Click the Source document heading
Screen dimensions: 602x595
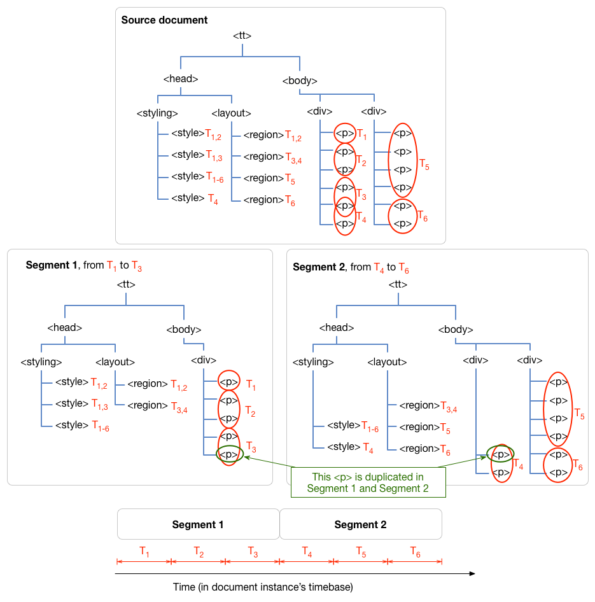[x=164, y=20]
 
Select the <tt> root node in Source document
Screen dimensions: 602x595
[x=242, y=36]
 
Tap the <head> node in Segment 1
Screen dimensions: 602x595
[x=64, y=328]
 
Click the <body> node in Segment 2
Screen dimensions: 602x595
[x=456, y=330]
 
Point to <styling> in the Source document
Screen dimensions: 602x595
[x=157, y=113]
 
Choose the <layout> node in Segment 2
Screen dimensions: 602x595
[x=387, y=361]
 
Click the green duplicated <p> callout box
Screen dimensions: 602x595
[x=367, y=482]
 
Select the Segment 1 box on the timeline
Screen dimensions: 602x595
[x=198, y=524]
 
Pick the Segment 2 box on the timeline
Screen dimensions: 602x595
[x=360, y=524]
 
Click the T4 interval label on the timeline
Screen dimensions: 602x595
[x=307, y=550]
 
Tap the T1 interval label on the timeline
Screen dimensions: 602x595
[x=144, y=550]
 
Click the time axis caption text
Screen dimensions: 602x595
[x=263, y=586]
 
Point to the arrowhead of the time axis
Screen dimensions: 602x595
[x=472, y=573]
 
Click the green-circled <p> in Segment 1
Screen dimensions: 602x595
[x=229, y=454]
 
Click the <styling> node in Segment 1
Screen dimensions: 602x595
[x=41, y=361]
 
